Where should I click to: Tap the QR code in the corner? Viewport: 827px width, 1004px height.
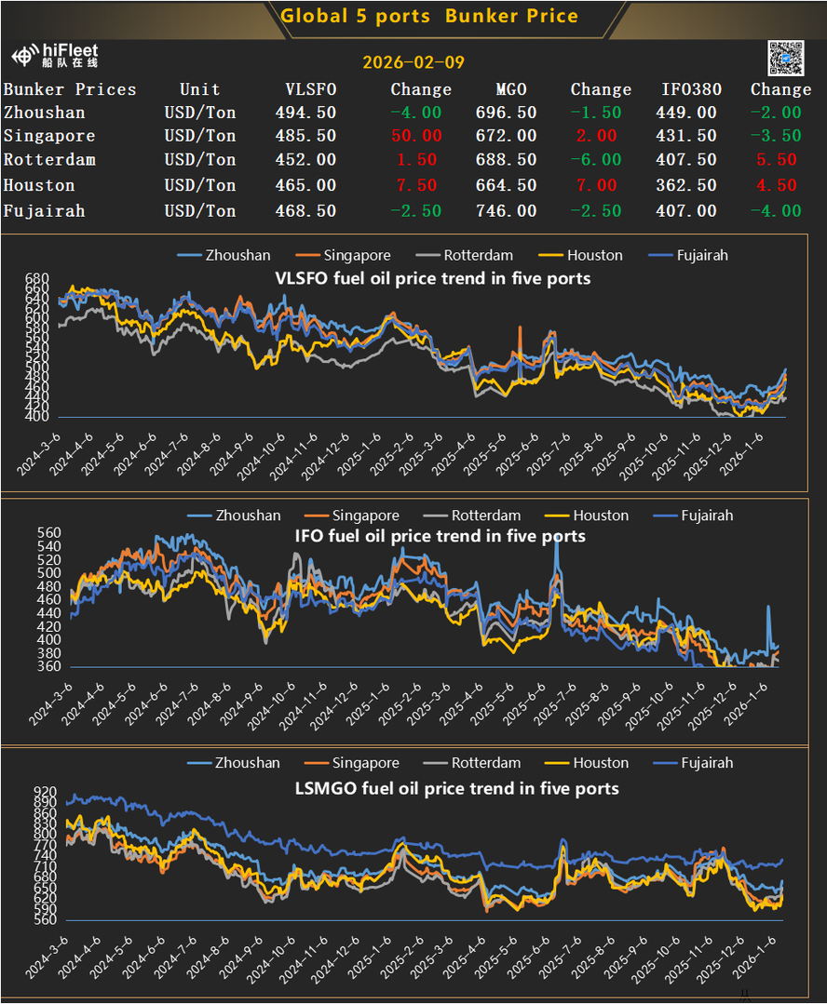click(785, 58)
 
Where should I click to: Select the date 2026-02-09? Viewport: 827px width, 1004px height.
click(413, 63)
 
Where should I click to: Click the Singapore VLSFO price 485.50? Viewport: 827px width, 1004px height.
click(305, 136)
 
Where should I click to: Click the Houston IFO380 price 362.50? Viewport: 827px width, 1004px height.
click(687, 185)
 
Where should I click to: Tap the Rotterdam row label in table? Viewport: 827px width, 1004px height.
click(49, 160)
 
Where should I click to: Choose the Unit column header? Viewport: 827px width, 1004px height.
click(199, 89)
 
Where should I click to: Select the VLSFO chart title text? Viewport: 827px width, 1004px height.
click(432, 277)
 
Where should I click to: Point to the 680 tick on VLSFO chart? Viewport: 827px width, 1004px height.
click(37, 279)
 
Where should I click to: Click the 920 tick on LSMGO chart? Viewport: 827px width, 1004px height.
click(45, 792)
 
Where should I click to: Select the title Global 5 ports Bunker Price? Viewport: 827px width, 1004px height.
click(429, 16)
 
